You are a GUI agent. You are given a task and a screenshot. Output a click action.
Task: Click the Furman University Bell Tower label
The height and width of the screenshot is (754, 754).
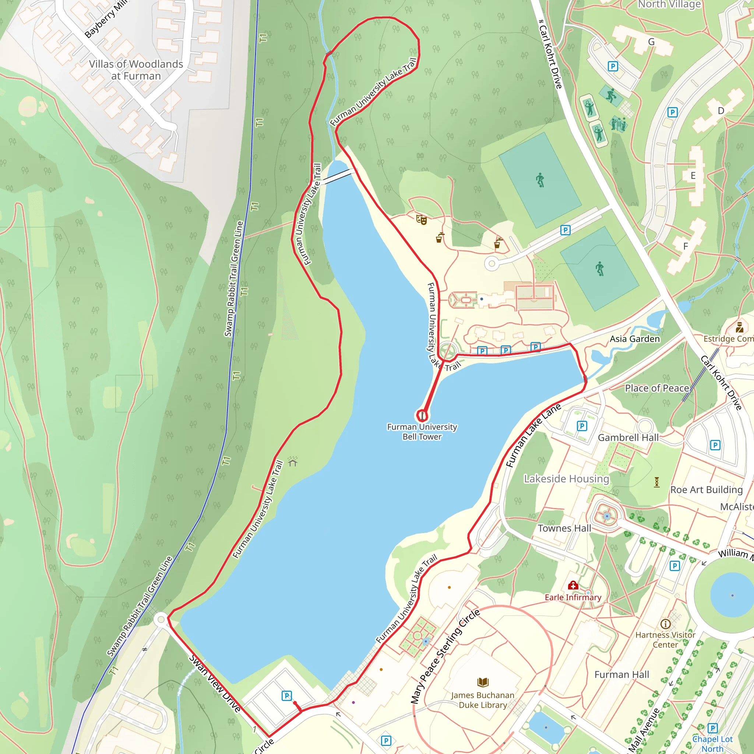[422, 431]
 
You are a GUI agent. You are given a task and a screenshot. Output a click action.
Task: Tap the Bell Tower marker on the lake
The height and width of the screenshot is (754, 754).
[422, 415]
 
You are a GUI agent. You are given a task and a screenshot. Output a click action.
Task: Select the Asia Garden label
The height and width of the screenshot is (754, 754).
[635, 339]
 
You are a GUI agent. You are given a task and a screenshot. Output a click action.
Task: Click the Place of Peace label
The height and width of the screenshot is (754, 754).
[657, 388]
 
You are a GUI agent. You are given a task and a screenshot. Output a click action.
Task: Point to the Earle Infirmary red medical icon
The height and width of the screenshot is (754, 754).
[573, 585]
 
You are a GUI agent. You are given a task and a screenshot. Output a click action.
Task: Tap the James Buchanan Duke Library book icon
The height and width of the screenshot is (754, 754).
[483, 682]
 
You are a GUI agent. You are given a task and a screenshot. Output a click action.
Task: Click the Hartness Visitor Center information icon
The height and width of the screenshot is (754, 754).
[665, 624]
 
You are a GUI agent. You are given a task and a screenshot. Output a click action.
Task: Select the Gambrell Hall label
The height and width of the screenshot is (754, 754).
[628, 437]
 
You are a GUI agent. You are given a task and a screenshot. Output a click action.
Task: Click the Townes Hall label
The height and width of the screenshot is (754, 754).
[564, 528]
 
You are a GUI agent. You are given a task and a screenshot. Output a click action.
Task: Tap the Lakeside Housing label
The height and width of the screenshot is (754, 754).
[566, 479]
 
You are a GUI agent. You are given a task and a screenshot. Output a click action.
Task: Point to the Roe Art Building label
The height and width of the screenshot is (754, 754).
[707, 490]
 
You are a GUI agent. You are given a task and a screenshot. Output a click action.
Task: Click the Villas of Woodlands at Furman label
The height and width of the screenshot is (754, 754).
[136, 70]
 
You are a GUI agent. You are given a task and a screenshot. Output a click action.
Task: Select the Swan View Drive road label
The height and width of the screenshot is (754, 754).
[215, 683]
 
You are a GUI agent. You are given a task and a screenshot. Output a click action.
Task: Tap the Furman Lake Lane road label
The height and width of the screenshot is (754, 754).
[533, 436]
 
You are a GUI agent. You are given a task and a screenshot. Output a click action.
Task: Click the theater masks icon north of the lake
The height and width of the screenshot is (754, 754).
[422, 220]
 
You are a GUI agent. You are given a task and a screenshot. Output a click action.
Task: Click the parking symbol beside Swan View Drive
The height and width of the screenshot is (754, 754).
[287, 695]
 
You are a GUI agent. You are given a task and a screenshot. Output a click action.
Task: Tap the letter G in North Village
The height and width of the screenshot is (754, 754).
[651, 42]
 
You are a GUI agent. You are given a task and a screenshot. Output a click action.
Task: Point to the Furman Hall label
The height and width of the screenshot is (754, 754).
[622, 674]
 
